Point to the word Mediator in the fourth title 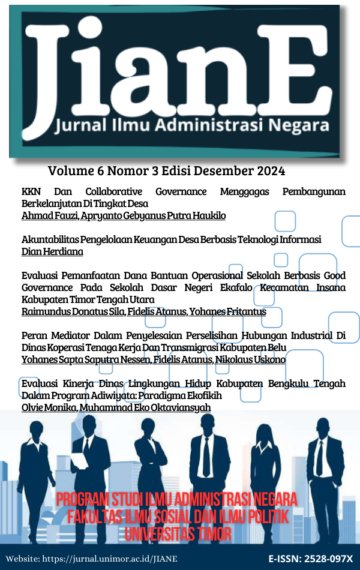71,336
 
